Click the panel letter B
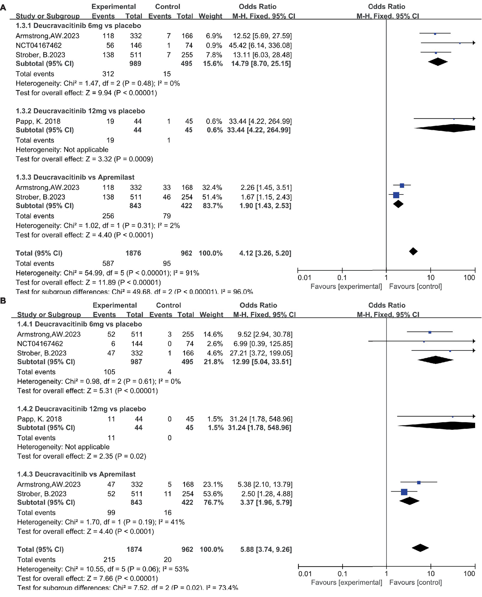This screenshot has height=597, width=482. point(3,301)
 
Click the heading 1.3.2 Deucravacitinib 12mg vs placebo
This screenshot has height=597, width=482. point(80,111)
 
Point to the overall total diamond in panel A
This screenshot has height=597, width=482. point(413,252)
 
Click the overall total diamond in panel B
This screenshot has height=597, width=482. point(420,548)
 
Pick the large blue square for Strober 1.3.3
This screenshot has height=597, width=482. point(396,195)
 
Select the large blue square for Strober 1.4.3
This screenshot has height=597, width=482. point(404,492)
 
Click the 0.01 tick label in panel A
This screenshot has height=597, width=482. point(304,277)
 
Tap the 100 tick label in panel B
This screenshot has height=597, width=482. point(469,574)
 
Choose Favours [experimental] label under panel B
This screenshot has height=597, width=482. point(346,583)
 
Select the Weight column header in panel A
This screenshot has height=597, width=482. point(210,16)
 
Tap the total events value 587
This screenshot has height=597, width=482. point(108,264)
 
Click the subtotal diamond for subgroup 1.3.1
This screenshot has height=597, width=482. point(438,62)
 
